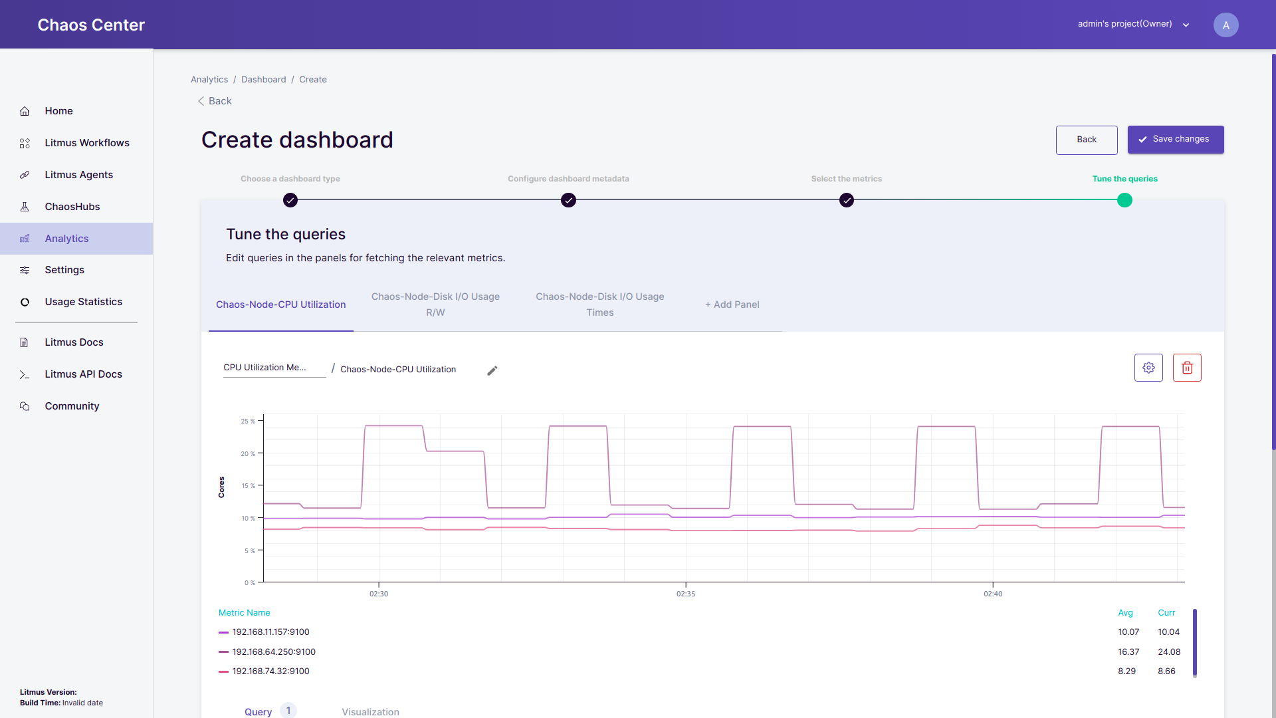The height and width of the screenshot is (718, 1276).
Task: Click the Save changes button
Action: pos(1175,140)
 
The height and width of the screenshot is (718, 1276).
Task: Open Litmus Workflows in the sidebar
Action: pos(86,143)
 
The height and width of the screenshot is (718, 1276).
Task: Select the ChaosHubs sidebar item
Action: pos(72,207)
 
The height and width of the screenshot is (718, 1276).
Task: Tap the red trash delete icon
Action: pos(1187,368)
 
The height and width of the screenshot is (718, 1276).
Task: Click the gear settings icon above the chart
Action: pos(1148,368)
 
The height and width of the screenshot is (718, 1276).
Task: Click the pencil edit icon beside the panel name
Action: pos(492,371)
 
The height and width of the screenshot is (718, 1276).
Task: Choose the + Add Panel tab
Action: pos(732,304)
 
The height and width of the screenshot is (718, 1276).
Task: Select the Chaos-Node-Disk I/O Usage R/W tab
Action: pos(435,304)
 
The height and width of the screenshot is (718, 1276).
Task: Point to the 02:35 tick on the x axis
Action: pos(686,594)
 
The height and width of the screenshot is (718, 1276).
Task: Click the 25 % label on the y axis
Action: pos(248,421)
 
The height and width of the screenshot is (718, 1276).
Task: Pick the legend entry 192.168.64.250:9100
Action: pos(273,652)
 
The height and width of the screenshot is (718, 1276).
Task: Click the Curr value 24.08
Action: pos(1169,652)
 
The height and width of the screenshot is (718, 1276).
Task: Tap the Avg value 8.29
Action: pos(1126,671)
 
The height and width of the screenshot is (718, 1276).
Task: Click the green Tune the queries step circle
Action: pos(1124,200)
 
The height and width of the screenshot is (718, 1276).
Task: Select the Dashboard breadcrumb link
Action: pos(263,80)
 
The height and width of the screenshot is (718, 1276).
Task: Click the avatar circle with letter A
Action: pos(1225,25)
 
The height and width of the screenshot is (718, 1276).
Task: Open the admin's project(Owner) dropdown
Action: pos(1133,24)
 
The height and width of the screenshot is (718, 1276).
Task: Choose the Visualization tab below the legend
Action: pos(370,711)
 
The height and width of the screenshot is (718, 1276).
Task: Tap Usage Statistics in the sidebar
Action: pos(83,302)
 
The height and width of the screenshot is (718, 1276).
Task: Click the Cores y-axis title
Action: pos(221,487)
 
